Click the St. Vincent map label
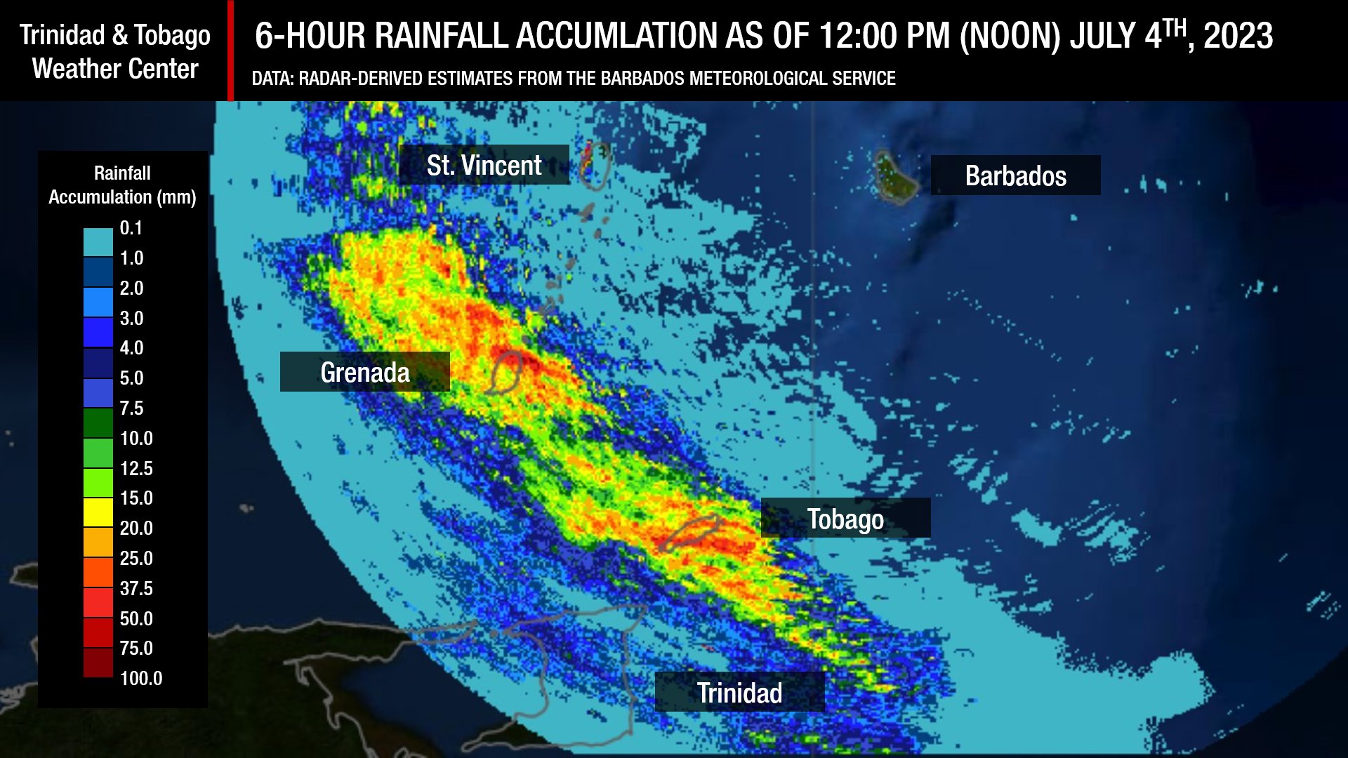click(484, 165)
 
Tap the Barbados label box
click(1015, 175)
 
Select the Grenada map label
click(364, 372)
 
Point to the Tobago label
click(845, 519)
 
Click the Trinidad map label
click(739, 692)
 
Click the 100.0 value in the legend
click(140, 678)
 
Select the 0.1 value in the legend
click(131, 228)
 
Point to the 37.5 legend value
click(136, 588)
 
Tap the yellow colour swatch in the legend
click(98, 512)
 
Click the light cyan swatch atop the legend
click(98, 242)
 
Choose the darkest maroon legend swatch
click(98, 663)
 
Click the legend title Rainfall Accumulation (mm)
click(122, 185)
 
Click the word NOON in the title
click(1010, 36)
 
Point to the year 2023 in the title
click(1238, 36)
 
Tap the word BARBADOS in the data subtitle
click(642, 78)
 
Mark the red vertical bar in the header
click(230, 51)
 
